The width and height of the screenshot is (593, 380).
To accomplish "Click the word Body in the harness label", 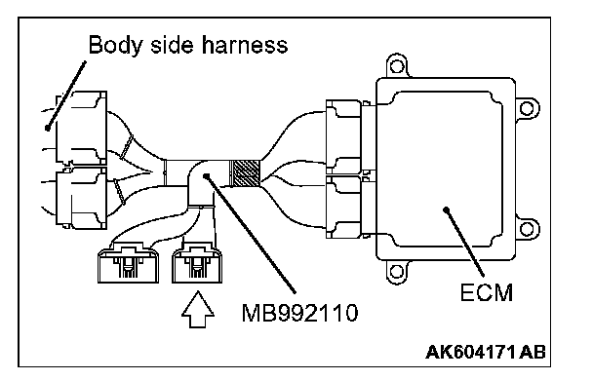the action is click(115, 46).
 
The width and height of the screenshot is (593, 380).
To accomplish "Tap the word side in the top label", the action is click(172, 45).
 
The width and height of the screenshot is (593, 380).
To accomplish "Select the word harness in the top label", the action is click(244, 45).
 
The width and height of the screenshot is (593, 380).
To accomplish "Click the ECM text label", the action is click(487, 292).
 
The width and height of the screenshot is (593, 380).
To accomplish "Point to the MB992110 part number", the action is click(299, 313).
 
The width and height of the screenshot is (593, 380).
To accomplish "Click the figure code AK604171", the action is click(470, 352).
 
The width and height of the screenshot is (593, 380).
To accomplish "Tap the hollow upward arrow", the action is click(198, 309).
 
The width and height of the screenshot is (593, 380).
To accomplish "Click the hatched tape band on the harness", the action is click(245, 173).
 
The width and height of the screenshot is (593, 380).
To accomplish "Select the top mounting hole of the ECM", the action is click(397, 66).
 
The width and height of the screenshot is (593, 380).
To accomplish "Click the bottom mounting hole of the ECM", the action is click(396, 272).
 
